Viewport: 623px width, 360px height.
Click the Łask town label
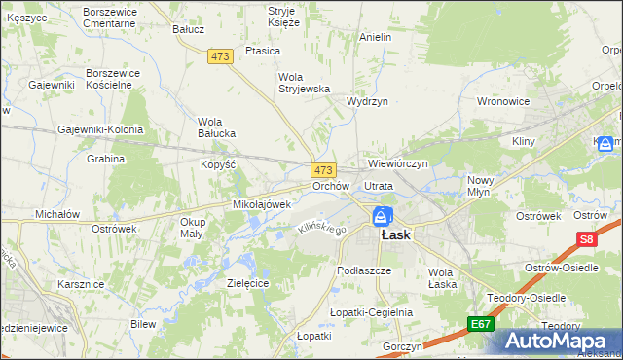click(395, 234)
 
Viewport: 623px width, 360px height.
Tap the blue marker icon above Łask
click(384, 216)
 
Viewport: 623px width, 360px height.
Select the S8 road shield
click(585, 238)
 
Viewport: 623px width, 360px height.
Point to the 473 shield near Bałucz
click(220, 57)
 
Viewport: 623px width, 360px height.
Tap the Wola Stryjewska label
click(306, 84)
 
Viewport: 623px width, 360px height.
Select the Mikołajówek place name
click(262, 204)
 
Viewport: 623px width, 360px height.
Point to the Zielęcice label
click(247, 282)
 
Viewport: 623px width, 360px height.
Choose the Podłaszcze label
click(363, 270)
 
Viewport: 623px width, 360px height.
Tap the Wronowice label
click(502, 100)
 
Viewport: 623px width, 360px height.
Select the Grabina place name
click(106, 158)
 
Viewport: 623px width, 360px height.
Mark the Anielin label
click(375, 37)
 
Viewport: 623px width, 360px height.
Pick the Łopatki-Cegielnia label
click(371, 312)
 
